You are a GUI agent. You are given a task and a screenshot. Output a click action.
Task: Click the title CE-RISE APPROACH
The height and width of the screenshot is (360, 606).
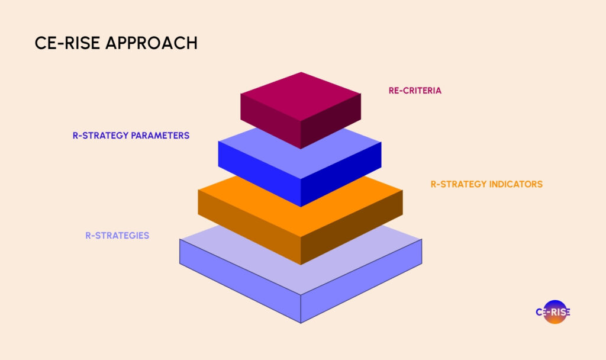116,43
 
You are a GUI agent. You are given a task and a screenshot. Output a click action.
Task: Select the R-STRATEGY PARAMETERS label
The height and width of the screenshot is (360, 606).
127,136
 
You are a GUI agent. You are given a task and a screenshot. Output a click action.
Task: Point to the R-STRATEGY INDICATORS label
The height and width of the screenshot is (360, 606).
486,184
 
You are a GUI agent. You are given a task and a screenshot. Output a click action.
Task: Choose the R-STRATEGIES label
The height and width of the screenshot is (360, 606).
117,235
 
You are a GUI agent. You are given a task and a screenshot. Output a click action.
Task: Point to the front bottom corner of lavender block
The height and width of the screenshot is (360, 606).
301,323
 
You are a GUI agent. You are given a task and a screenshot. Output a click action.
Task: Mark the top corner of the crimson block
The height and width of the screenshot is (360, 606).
301,73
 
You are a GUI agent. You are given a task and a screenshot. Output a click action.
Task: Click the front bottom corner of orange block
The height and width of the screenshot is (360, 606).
301,264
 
